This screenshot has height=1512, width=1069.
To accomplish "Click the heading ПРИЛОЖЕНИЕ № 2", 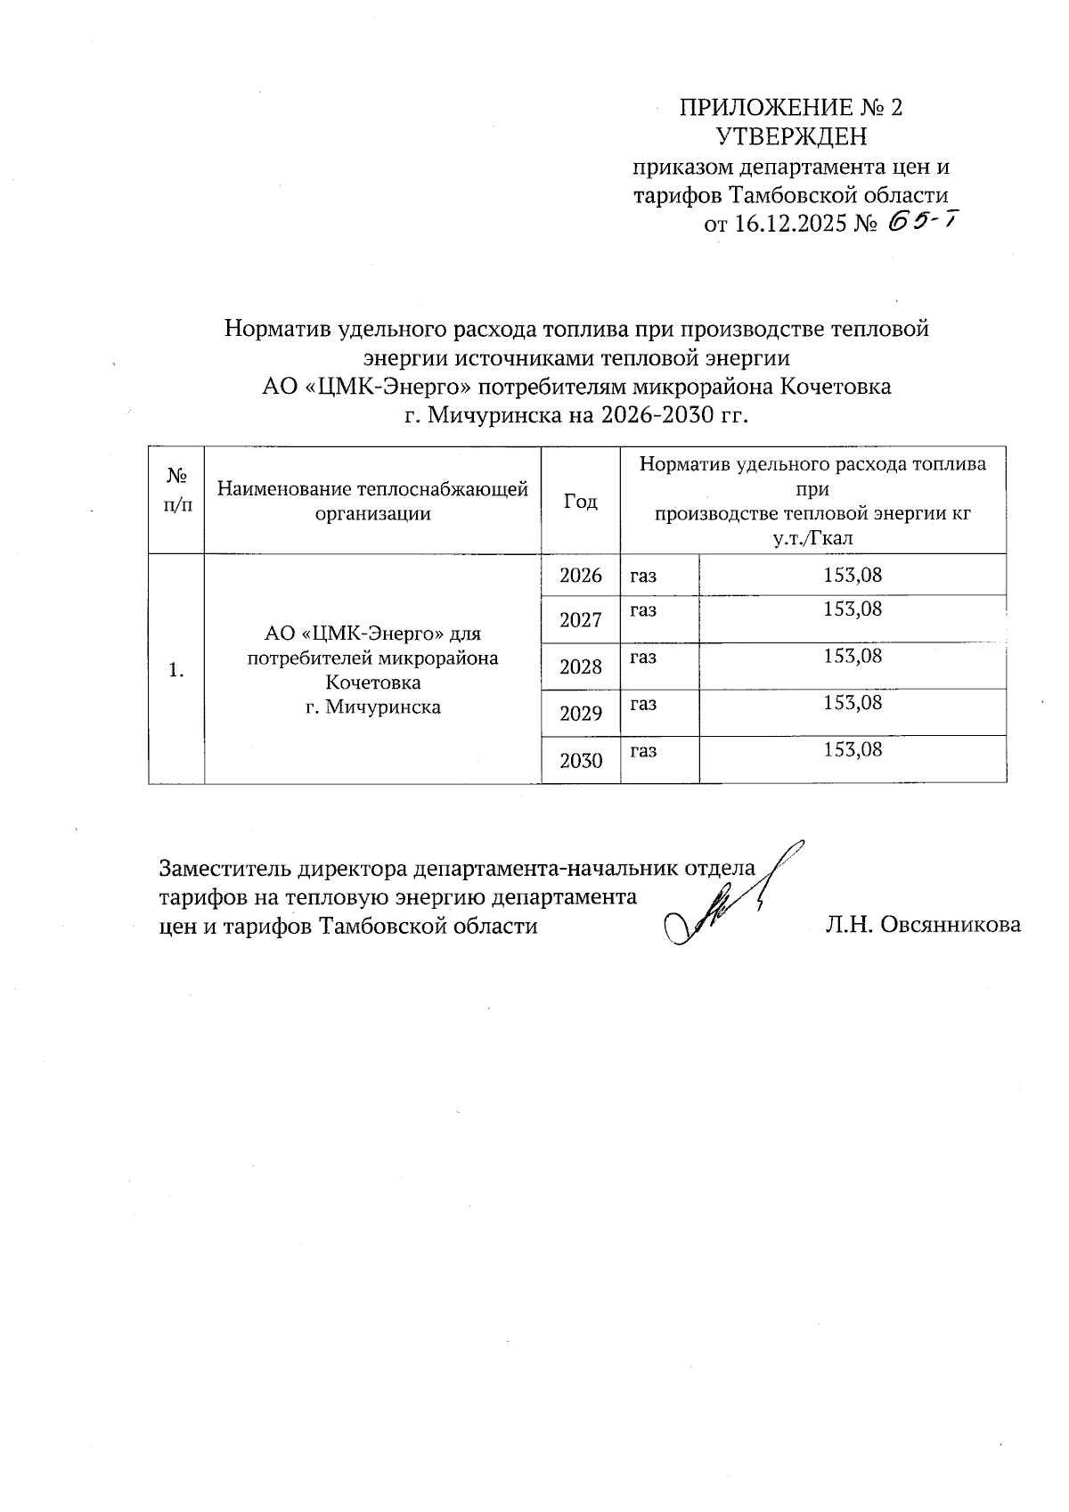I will (x=791, y=108).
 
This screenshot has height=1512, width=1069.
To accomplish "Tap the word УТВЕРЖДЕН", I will (x=791, y=137).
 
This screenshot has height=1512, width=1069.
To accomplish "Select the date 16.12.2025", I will (x=791, y=225).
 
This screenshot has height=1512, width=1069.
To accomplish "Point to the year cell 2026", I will (x=581, y=576).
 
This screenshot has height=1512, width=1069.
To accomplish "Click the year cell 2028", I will (x=581, y=667).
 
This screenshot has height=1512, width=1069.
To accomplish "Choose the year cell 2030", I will (x=581, y=761).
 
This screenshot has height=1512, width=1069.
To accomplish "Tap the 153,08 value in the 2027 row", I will (x=853, y=609).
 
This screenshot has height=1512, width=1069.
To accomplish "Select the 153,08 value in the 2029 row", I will (x=853, y=703).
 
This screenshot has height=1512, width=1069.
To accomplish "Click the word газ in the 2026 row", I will (x=643, y=576).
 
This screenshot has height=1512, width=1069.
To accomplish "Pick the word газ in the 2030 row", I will (x=643, y=750).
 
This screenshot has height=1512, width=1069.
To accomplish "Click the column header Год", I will (x=581, y=502).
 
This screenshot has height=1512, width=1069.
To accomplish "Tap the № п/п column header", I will (x=176, y=490).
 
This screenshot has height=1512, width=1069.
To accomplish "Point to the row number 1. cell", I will (x=176, y=670).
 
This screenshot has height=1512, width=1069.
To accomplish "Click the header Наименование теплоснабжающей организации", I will (x=373, y=501).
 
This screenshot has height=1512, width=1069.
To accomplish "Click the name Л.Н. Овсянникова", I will (x=923, y=926).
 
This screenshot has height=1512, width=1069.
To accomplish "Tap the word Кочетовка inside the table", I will (x=372, y=683).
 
